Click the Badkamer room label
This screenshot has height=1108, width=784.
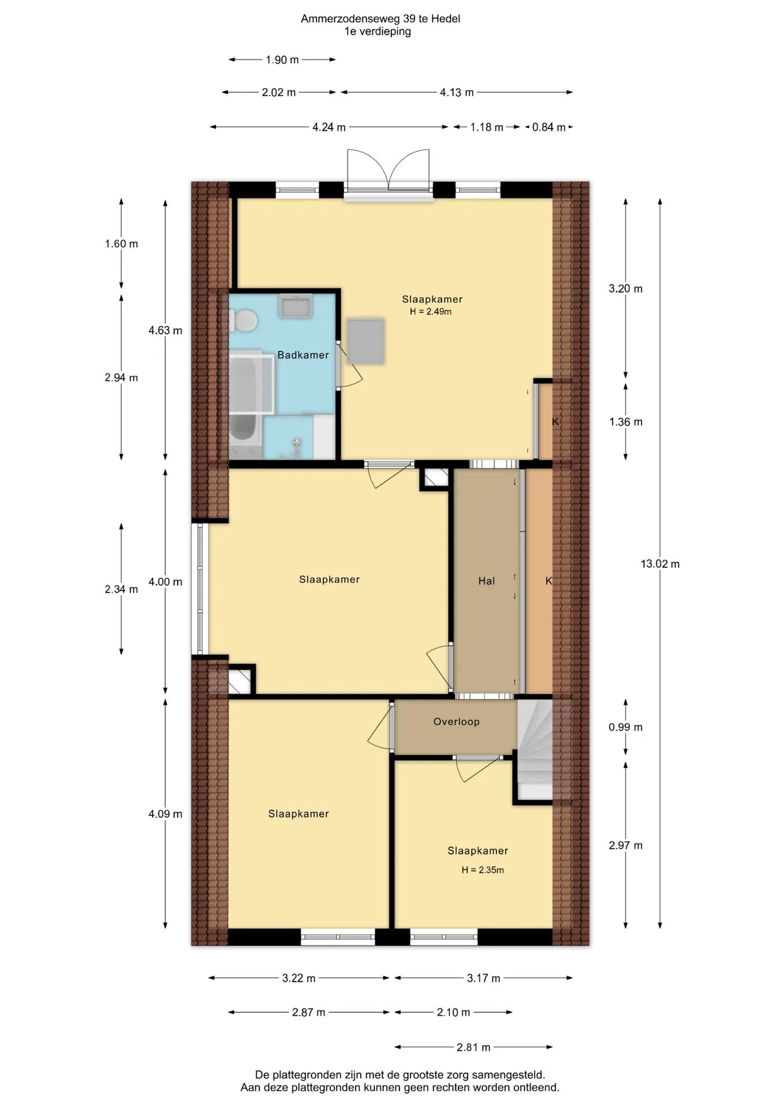[303, 355]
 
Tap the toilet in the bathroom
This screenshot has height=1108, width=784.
[242, 320]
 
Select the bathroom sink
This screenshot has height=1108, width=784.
[296, 305]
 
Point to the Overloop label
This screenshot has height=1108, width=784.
[457, 721]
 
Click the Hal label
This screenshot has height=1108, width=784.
[487, 581]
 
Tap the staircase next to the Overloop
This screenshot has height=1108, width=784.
[535, 750]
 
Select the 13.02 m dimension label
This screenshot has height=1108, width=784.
[660, 564]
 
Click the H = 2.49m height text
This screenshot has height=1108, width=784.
[431, 312]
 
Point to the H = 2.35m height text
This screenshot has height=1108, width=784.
[483, 870]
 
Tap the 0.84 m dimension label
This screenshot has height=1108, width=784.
[548, 127]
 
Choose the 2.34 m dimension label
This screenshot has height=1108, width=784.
[121, 589]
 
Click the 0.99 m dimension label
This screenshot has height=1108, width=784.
[626, 727]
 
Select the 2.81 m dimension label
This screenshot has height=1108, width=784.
[473, 1047]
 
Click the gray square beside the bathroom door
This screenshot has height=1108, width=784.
[365, 341]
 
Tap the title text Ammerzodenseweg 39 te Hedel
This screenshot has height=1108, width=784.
[380, 18]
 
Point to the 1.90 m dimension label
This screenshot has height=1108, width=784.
[282, 59]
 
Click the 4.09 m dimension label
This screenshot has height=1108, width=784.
[165, 814]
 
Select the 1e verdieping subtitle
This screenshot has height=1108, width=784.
[378, 32]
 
